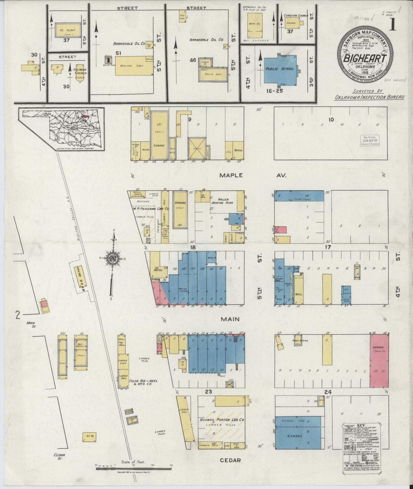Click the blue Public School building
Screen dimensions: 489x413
(280, 69)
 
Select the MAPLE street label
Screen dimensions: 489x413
(231, 175)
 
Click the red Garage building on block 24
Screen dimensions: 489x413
(379, 361)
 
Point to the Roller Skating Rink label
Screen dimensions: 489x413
(226, 201)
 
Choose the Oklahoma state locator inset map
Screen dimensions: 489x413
(61, 129)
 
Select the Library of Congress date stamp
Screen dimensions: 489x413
(370, 140)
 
